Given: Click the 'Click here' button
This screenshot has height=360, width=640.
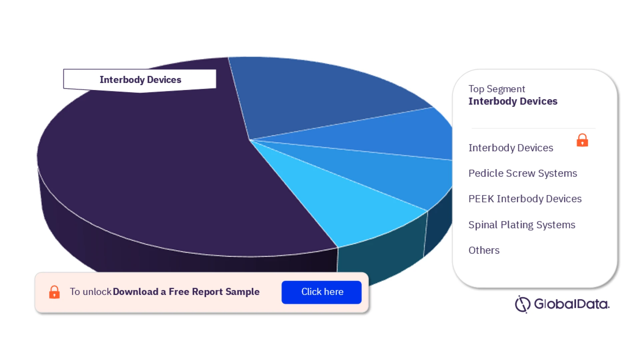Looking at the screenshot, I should tap(321, 292).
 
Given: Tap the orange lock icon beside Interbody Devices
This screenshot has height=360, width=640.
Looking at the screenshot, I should tap(582, 140).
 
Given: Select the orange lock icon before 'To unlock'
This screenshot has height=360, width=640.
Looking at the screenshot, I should tap(54, 292).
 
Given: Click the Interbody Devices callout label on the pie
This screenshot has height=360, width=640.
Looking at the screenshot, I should tap(140, 80).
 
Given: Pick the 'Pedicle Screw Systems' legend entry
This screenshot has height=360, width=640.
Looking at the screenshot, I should tap(522, 173).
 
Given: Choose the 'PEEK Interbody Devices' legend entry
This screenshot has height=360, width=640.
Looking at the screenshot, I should tap(525, 199).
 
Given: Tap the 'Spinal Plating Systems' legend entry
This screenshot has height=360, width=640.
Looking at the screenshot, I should tap(522, 225).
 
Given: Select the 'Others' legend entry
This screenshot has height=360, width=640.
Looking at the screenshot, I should tap(484, 250).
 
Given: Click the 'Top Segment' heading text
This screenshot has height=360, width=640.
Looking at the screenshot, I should tap(496, 89).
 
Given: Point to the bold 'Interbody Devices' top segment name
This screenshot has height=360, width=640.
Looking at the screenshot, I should tap(513, 101).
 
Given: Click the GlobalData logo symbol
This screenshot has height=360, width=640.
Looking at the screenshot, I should tap(522, 304).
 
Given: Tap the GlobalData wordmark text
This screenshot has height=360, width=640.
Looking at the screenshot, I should tap(572, 304).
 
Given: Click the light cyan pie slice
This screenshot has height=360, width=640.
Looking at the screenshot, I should tap(350, 207).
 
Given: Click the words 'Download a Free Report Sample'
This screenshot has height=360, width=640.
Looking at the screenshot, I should tap(186, 292).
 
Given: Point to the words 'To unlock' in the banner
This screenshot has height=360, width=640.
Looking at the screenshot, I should tap(90, 292).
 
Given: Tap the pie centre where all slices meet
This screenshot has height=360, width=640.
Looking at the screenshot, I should tap(250, 140).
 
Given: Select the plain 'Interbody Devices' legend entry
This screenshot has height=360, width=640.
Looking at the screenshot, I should tap(511, 148).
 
